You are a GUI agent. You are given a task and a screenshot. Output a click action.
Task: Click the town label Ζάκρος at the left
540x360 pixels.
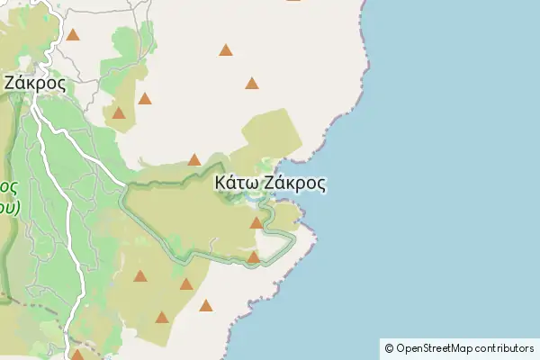(x=34, y=82)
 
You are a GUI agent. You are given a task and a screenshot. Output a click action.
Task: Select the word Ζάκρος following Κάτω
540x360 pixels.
(x=294, y=183)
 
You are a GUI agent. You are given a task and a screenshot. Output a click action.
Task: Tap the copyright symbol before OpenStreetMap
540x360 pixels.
(x=390, y=348)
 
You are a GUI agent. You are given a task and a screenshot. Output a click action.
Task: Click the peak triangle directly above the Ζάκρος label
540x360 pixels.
(x=73, y=36)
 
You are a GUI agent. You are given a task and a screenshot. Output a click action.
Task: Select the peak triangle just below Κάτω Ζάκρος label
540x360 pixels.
(x=256, y=222)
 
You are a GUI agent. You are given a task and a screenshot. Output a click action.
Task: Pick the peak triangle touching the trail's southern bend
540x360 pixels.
(x=254, y=257)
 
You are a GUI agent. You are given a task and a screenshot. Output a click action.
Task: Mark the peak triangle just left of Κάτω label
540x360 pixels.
(x=194, y=160)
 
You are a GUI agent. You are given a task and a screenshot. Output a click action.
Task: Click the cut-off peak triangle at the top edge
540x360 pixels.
(x=293, y=2)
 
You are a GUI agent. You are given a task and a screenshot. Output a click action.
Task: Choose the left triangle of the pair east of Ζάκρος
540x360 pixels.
(x=119, y=113)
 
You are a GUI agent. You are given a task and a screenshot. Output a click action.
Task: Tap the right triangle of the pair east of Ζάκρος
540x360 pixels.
(x=145, y=98)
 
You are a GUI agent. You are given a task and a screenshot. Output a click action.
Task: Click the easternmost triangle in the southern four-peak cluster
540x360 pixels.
(x=206, y=306)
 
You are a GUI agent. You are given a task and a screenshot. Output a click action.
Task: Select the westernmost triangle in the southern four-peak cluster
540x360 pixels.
(x=140, y=276)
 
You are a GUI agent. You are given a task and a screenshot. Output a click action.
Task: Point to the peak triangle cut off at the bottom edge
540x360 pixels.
(x=77, y=355)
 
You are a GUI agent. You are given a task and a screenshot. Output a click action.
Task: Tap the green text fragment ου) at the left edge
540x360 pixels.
(x=8, y=206)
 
